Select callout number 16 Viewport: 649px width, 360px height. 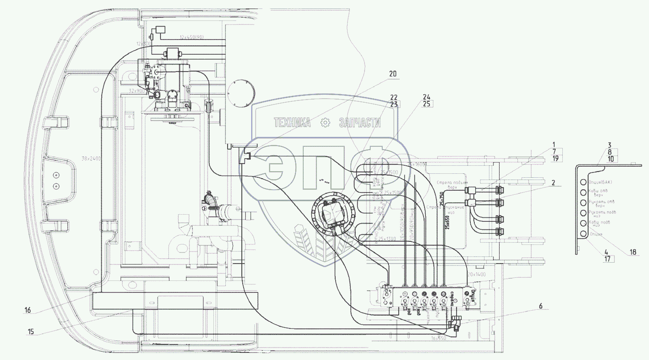click(x=28, y=311)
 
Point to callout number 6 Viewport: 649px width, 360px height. click(x=540, y=306)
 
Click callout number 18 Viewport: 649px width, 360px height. click(x=633, y=252)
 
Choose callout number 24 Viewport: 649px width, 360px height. click(x=427, y=97)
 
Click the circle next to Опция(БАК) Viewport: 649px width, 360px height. click(x=583, y=182)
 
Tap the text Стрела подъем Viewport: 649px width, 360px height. click(x=453, y=183)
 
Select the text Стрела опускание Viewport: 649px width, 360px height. click(x=445, y=207)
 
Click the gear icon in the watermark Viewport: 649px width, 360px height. click(x=326, y=122)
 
